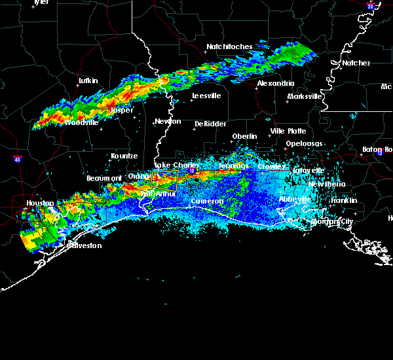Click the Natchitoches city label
pyautogui.click(x=229, y=47)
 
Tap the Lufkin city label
pyautogui.click(x=88, y=81)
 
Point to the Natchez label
pyautogui.click(x=356, y=63)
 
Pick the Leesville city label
pyautogui.click(x=206, y=96)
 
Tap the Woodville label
pyautogui.click(x=82, y=122)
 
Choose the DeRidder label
pyautogui.click(x=210, y=124)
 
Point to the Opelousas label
pyautogui.click(x=304, y=143)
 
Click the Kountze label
pyautogui.click(x=124, y=156)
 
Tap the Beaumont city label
pyautogui.click(x=104, y=178)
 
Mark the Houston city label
pyautogui.click(x=41, y=204)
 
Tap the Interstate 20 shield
pyautogui.click(x=371, y=6)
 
